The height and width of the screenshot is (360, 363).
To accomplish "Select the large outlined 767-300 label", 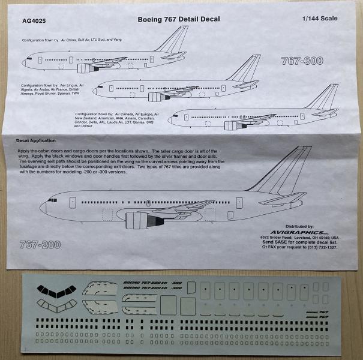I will (x=303, y=61).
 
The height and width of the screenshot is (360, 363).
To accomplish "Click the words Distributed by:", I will (x=313, y=220).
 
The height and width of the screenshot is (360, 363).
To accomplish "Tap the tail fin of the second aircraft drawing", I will (x=246, y=68).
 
